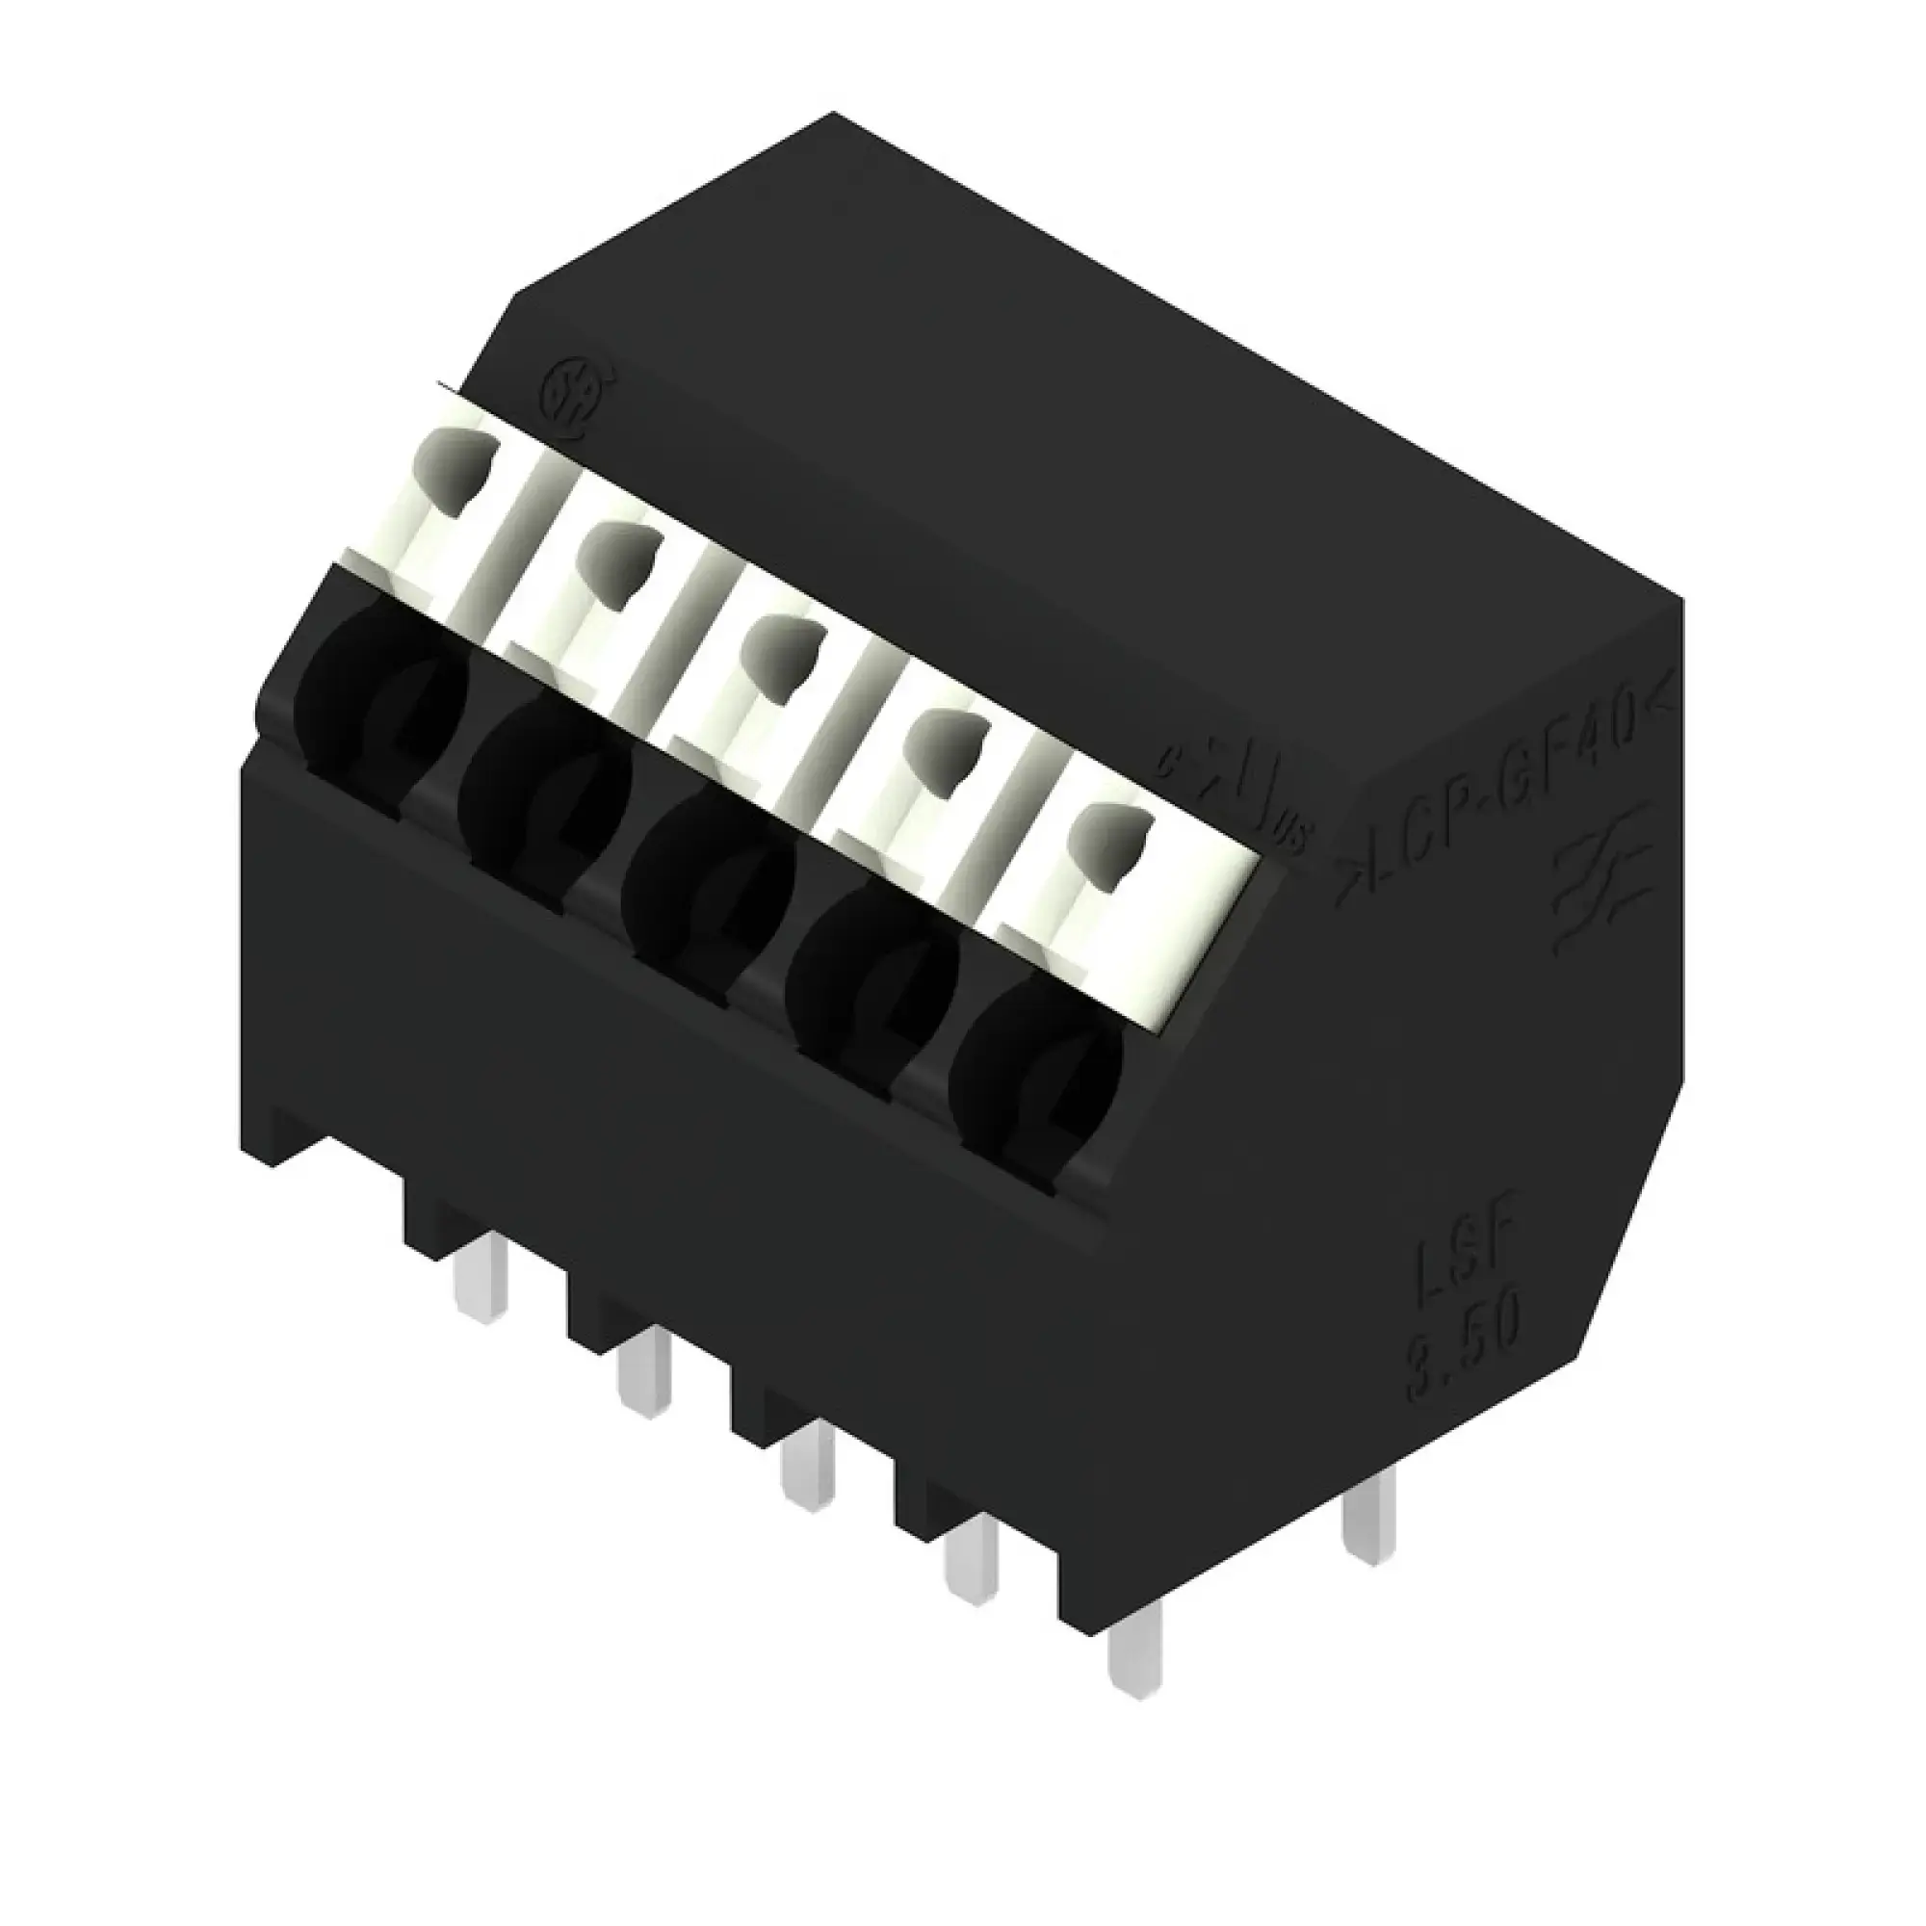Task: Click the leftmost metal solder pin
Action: [x=481, y=1286]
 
